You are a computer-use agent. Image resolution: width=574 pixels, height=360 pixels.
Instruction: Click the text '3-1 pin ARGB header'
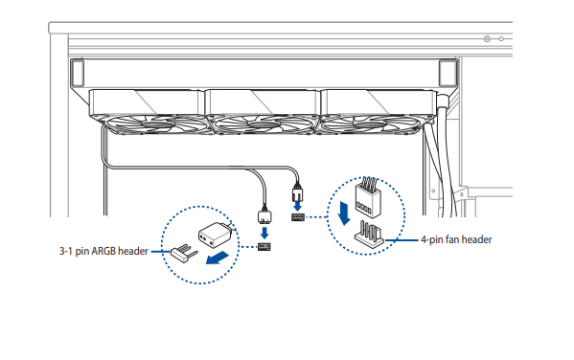(x=103, y=252)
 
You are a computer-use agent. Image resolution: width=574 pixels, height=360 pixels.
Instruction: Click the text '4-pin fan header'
(x=456, y=239)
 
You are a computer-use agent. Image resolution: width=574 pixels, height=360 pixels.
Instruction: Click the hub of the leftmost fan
(x=157, y=125)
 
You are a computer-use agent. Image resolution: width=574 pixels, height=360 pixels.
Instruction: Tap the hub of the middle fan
(x=264, y=125)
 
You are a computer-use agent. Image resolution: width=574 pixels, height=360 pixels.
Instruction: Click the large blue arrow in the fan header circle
(x=344, y=213)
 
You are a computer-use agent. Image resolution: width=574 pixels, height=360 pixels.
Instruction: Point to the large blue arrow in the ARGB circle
(x=218, y=258)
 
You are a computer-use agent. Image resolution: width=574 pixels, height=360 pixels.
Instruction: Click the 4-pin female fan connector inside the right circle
(x=367, y=198)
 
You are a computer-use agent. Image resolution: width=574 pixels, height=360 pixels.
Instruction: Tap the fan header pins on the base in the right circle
(x=369, y=235)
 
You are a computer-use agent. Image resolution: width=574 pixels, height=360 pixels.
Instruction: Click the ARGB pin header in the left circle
(x=184, y=253)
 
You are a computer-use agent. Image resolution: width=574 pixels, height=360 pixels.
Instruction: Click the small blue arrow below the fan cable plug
(x=298, y=206)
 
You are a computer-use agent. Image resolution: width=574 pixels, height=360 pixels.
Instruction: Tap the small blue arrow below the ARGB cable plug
(x=264, y=233)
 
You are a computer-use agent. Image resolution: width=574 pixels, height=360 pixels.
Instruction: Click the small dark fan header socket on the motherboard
(x=298, y=217)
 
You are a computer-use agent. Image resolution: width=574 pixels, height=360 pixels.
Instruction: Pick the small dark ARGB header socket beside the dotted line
(x=264, y=247)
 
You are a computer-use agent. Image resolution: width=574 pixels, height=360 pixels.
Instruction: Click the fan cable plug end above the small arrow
(x=297, y=192)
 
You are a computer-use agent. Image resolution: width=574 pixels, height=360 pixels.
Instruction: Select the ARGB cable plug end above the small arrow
(x=264, y=215)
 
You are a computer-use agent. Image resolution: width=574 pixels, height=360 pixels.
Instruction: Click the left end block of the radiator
(x=78, y=73)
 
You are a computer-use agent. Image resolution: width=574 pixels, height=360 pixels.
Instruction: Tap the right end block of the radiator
(x=448, y=73)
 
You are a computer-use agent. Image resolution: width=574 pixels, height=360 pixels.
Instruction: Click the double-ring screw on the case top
(x=487, y=39)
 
